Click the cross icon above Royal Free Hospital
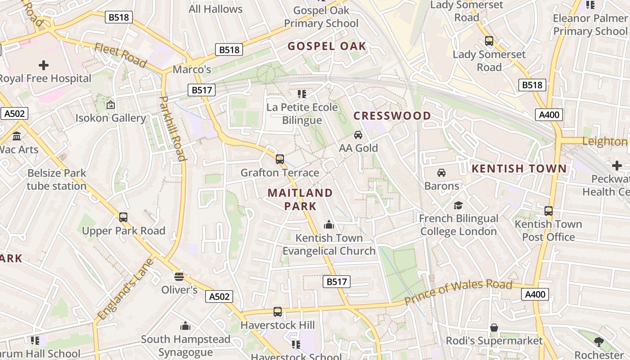tap(44, 65)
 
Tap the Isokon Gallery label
tap(111, 118)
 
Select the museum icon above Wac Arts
tap(17, 136)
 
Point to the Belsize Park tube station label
tap(57, 180)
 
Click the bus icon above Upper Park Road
tap(123, 217)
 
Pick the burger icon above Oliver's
tap(179, 276)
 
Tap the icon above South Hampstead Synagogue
tap(185, 325)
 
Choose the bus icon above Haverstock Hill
tap(278, 311)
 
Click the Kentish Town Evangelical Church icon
tap(329, 224)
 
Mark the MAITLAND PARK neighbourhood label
tap(301, 199)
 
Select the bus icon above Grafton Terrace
tap(280, 159)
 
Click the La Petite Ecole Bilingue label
tap(302, 114)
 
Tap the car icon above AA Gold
tap(358, 135)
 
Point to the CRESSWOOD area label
tap(392, 116)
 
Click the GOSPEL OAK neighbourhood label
tap(327, 46)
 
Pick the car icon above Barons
tap(441, 172)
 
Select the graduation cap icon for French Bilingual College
tap(458, 205)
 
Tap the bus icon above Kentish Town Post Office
tap(549, 211)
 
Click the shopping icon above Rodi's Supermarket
tap(494, 327)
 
